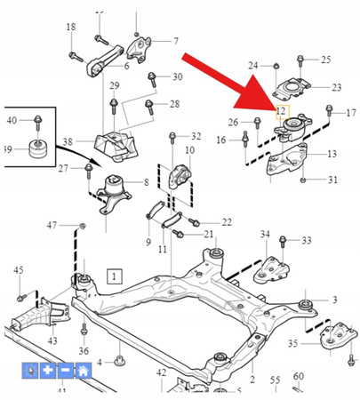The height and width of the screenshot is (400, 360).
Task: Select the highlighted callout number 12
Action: (281, 111)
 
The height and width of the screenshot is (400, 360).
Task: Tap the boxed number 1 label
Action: (113, 276)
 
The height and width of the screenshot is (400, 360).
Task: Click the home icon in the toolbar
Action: (83, 372)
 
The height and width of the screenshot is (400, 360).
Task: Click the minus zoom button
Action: (67, 372)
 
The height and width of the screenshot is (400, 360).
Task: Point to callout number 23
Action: (335, 87)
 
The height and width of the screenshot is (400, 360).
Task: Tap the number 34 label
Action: (264, 234)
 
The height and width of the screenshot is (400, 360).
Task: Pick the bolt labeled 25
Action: (302, 60)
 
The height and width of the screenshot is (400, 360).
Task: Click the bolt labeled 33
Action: (284, 241)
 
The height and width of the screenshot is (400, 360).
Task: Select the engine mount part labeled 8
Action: (116, 189)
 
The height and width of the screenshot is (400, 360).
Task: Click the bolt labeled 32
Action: (173, 137)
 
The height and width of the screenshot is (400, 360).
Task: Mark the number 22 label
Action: (226, 222)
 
